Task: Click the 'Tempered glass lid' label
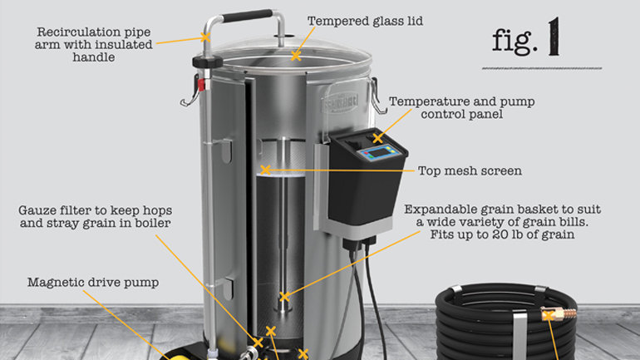(365, 21)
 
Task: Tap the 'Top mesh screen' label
(470, 170)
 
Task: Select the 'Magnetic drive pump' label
(93, 283)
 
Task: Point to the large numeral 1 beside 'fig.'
(554, 37)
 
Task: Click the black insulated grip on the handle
(247, 17)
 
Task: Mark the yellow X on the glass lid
(296, 56)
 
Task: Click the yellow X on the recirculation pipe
(205, 37)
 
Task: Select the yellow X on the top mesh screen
(266, 170)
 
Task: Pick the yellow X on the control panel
(377, 138)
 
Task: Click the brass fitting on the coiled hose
(559, 314)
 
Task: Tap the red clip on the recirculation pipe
(201, 85)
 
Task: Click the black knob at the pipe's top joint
(207, 62)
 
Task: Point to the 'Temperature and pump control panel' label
(461, 108)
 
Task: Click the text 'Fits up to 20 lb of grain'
(503, 234)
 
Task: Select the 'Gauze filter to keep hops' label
(95, 210)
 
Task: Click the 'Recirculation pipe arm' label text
(93, 38)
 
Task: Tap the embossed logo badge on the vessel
(340, 103)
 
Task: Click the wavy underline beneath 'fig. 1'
(542, 68)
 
